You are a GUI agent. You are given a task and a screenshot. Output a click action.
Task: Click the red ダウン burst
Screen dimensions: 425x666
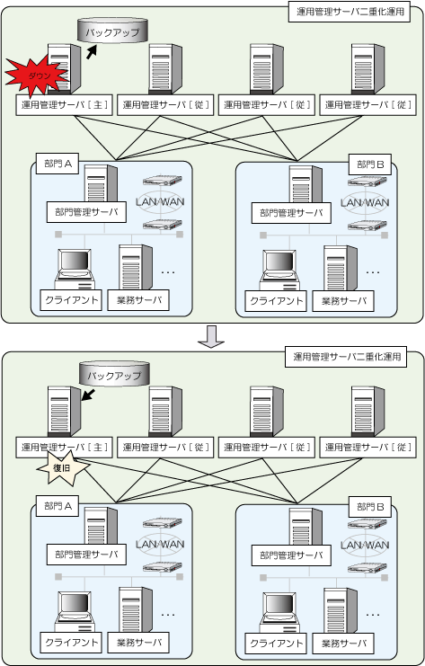click(x=37, y=76)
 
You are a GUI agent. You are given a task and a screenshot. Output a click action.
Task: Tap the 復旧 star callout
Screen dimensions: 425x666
click(x=63, y=468)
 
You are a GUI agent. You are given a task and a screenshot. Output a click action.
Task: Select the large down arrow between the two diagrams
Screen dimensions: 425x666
click(x=211, y=337)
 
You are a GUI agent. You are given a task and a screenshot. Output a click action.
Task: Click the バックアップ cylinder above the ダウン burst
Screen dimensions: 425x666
click(x=112, y=31)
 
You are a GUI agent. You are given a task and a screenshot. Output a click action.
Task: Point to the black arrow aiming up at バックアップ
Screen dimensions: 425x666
click(x=92, y=52)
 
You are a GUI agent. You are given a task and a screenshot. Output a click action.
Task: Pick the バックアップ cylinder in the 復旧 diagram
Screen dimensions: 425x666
click(x=114, y=374)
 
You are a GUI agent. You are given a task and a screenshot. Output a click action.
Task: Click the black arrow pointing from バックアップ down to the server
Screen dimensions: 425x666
click(x=88, y=395)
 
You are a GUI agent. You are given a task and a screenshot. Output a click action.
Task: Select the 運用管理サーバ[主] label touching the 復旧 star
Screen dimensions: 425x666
click(x=64, y=448)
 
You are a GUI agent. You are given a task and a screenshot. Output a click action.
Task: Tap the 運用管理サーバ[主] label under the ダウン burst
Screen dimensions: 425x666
click(x=64, y=105)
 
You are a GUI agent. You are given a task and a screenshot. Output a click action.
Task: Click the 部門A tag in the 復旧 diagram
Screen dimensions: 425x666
click(x=58, y=506)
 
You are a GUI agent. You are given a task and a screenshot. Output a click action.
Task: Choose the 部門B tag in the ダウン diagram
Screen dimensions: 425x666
click(x=370, y=164)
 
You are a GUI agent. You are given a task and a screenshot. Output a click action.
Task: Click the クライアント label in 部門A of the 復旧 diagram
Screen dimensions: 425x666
click(x=71, y=643)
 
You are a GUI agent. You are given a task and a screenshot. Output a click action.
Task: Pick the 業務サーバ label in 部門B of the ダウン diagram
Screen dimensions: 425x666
click(x=343, y=301)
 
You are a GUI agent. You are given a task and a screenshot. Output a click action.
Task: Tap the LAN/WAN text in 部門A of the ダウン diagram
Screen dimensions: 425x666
click(x=160, y=201)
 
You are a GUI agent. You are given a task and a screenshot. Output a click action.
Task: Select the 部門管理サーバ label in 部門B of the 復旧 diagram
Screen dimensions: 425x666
click(x=291, y=555)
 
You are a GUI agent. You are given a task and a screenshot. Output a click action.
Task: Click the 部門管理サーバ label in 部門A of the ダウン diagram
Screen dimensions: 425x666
click(x=86, y=212)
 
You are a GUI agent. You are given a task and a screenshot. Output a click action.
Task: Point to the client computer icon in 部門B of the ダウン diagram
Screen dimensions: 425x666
click(x=279, y=271)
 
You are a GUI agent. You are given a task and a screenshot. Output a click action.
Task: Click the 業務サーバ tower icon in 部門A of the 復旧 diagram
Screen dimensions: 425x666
click(x=136, y=610)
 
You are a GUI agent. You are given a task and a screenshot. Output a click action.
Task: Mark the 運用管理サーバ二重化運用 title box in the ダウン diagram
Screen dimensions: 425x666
click(x=350, y=12)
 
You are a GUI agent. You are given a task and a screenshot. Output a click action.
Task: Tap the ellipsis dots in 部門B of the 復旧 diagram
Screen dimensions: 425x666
click(x=372, y=615)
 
